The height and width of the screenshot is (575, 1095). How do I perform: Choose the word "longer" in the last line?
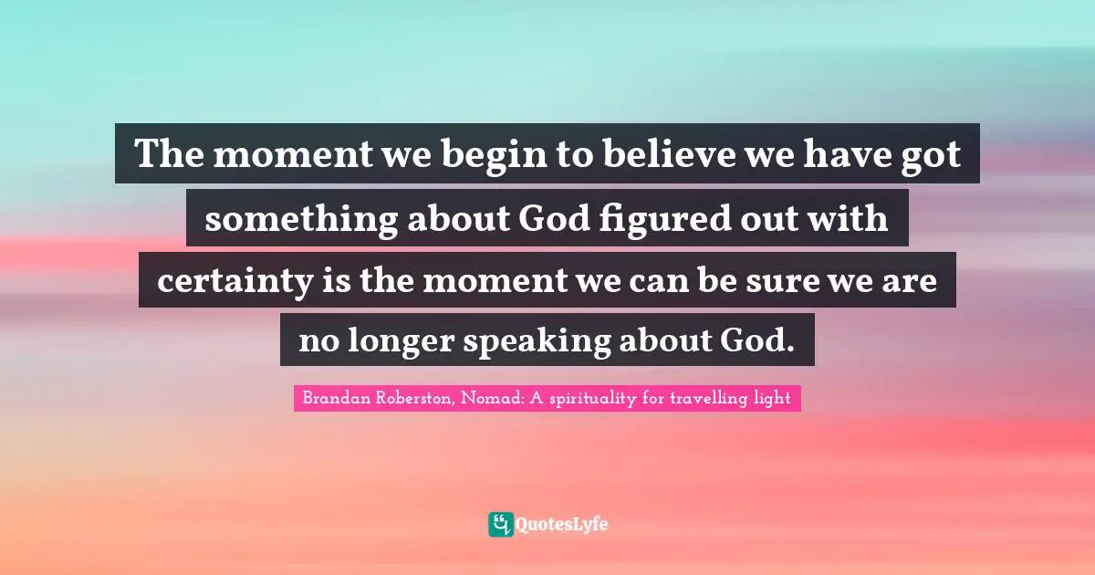pos(408,341)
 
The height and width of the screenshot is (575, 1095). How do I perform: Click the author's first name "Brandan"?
pos(332,399)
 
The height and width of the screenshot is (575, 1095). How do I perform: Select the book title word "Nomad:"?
pos(490,399)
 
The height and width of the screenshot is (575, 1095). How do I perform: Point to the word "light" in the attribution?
pos(771,399)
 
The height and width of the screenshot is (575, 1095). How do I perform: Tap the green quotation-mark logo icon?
pos(500,524)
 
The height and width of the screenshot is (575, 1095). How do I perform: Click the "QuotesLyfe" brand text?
pos(562,524)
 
